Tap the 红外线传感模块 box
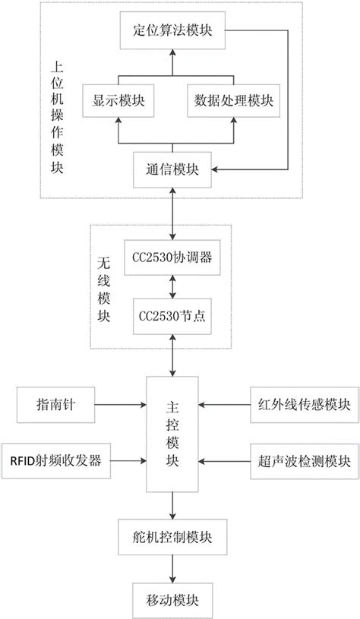301,403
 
